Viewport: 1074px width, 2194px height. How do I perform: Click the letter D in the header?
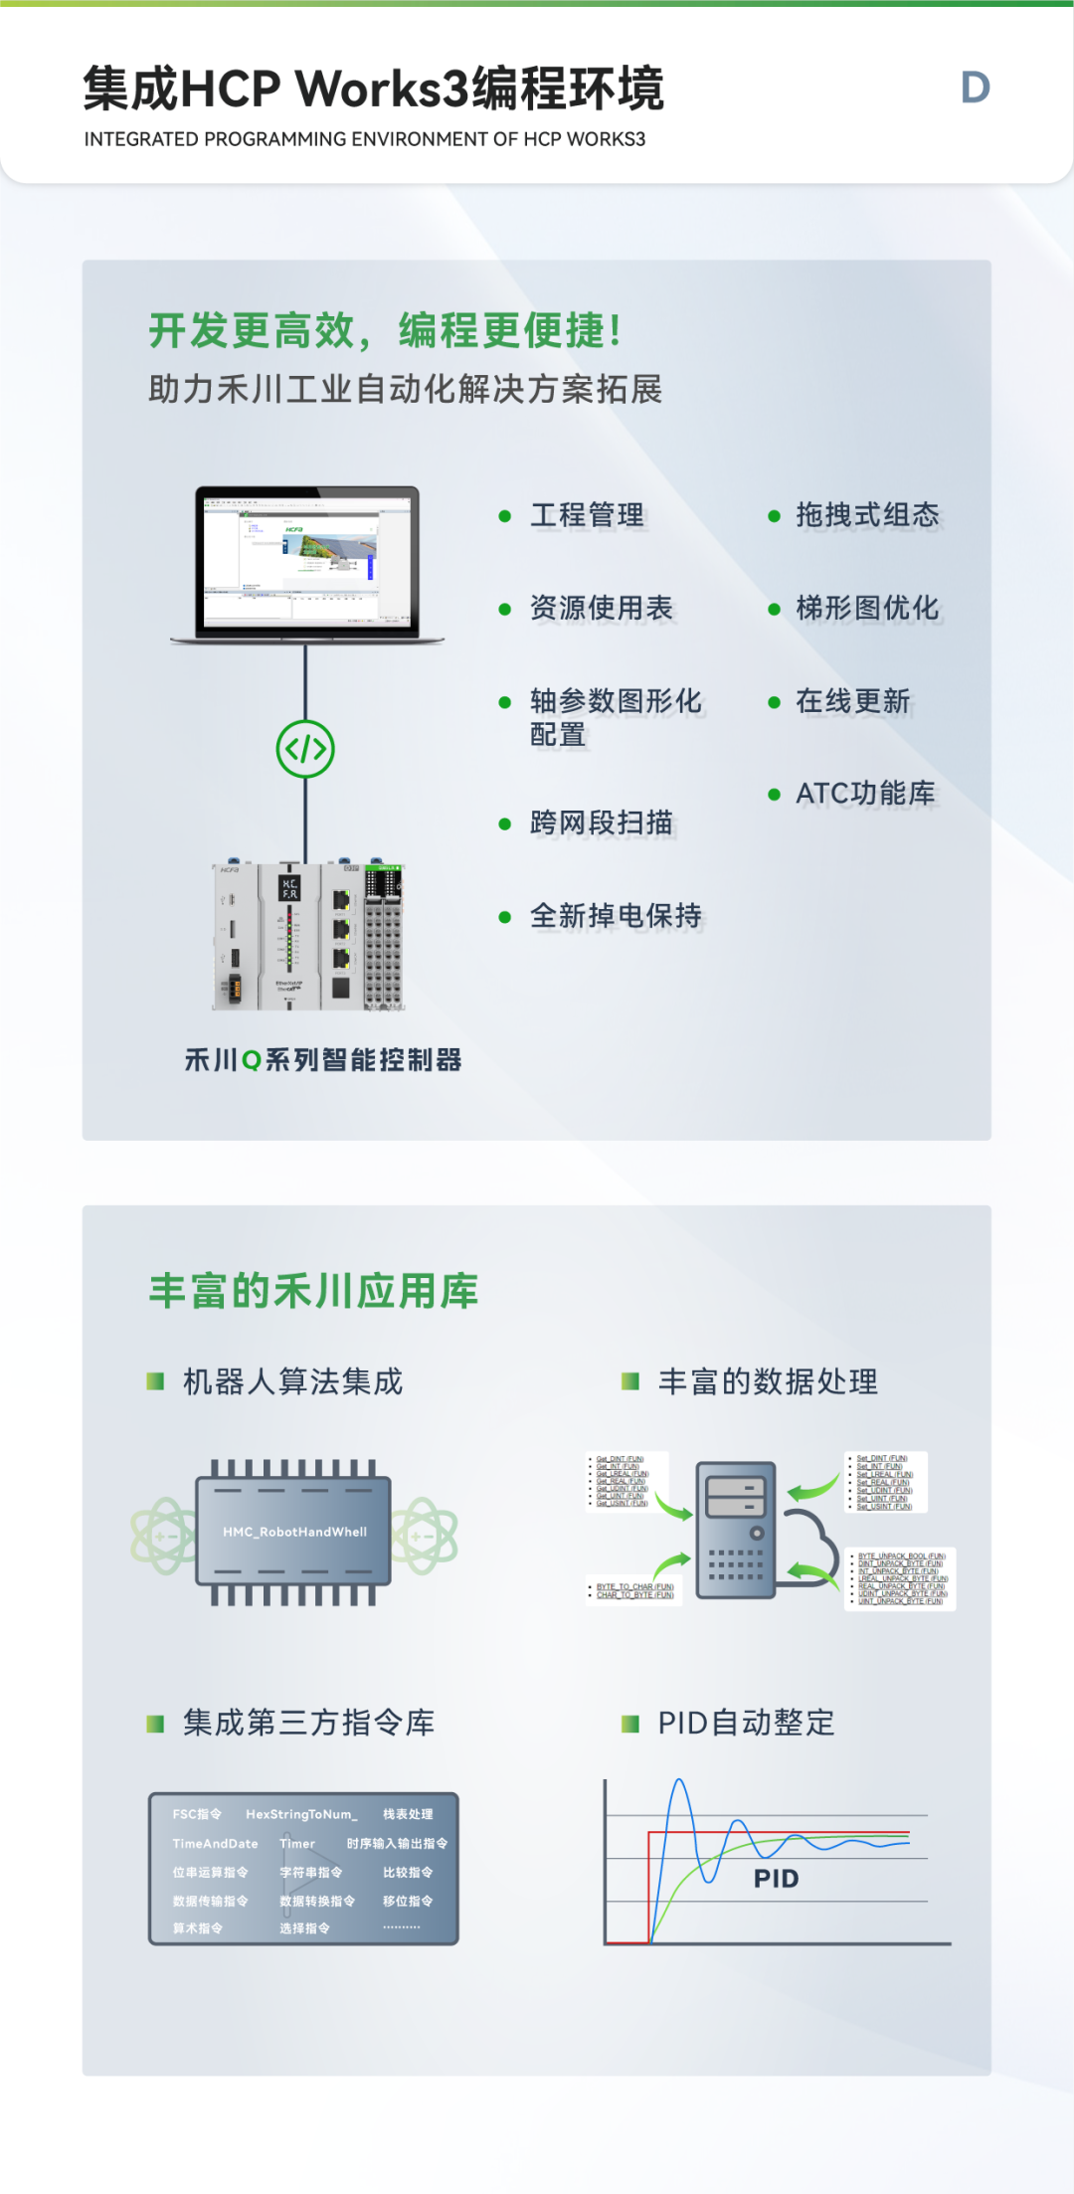[975, 88]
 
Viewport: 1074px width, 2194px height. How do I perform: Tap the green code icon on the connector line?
[305, 749]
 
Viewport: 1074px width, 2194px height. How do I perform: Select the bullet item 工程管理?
[587, 515]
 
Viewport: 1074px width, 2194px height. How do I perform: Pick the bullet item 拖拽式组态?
[867, 515]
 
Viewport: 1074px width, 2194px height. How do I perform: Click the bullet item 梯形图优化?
[867, 608]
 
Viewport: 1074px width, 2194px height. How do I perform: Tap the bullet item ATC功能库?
[865, 794]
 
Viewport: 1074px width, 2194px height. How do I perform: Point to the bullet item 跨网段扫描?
[602, 823]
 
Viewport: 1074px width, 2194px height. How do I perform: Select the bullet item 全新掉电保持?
[616, 915]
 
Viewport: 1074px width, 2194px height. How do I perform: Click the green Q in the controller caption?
[252, 1061]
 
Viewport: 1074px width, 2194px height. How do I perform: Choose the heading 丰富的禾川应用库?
[313, 1291]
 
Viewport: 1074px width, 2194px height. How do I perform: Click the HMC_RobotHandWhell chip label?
[294, 1532]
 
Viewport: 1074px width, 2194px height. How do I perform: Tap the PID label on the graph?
[776, 1879]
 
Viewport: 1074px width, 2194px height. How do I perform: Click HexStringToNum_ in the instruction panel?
[300, 1814]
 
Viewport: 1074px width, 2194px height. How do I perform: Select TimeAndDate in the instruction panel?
[215, 1844]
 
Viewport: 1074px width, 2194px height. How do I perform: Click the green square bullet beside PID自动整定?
[629, 1724]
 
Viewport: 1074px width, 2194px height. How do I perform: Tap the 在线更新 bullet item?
[852, 701]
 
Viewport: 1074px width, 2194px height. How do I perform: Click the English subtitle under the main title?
[364, 139]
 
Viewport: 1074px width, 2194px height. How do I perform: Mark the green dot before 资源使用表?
[505, 609]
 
